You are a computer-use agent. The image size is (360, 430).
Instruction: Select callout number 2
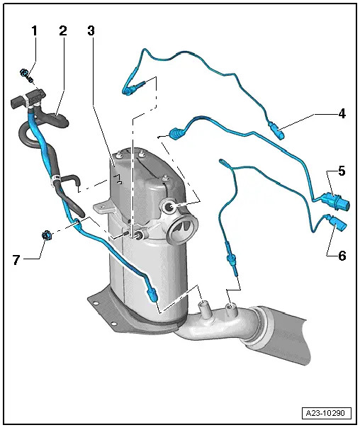[x=62, y=31]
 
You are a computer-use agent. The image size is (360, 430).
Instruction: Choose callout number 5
[x=341, y=171]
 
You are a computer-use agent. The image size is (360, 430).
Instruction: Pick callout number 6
[x=341, y=254]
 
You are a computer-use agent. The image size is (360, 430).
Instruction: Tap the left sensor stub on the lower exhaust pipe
[x=204, y=309]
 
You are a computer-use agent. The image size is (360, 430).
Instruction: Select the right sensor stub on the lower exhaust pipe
[x=230, y=310]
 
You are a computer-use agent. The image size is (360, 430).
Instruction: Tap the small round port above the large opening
[x=170, y=206]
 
